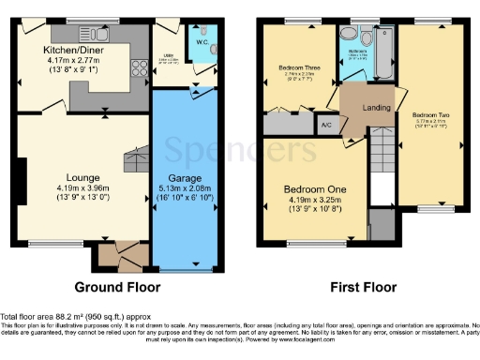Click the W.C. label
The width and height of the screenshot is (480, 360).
pos(201,40)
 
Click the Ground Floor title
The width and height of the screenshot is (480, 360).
pos(117,287)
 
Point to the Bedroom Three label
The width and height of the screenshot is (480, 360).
pos(298,67)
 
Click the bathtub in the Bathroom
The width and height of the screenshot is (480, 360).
pos(383,41)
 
